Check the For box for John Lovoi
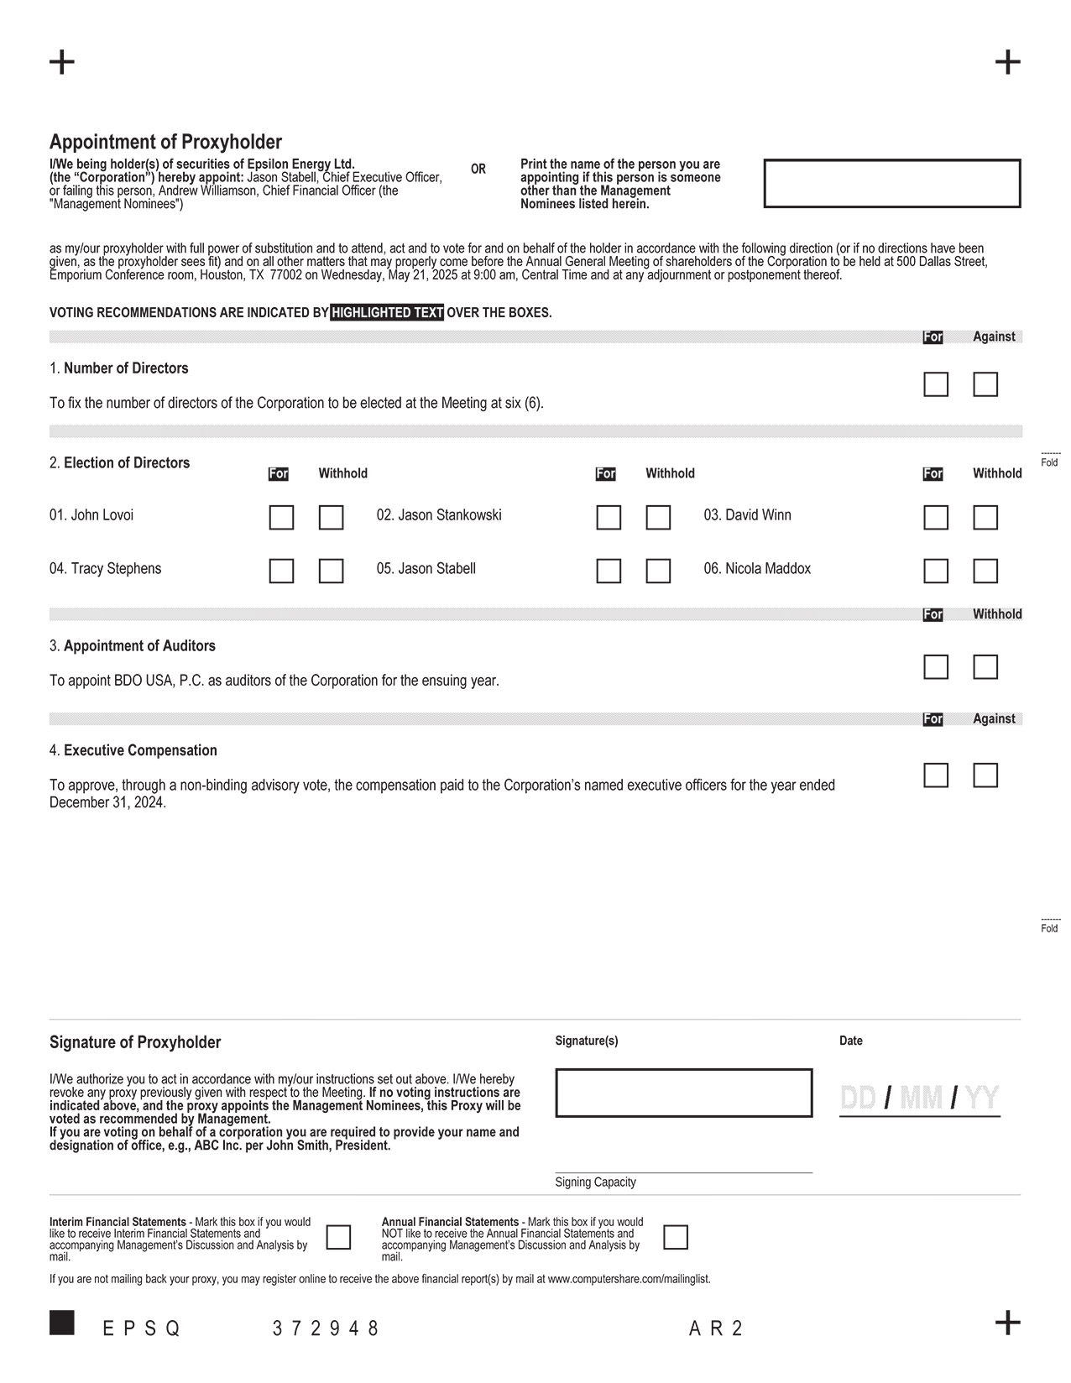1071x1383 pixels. pyautogui.click(x=281, y=517)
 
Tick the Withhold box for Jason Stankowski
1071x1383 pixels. pyautogui.click(x=658, y=517)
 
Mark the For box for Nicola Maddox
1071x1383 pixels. pyautogui.click(x=936, y=571)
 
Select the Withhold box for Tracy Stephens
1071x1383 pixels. pyautogui.click(x=331, y=571)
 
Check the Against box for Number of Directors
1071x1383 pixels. pyautogui.click(x=985, y=384)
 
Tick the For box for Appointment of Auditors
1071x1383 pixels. pyautogui.click(x=936, y=667)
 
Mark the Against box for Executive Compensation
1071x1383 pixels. pyautogui.click(x=985, y=775)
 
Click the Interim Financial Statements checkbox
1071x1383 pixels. pyautogui.click(x=338, y=1237)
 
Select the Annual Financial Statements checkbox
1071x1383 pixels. pyautogui.click(x=676, y=1237)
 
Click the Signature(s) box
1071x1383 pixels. pyautogui.click(x=683, y=1093)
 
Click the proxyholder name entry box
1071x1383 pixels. pyautogui.click(x=891, y=183)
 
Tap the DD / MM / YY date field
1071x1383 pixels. pyautogui.click(x=919, y=1098)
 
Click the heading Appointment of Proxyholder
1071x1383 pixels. pyautogui.click(x=165, y=142)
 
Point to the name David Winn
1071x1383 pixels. pyautogui.click(x=747, y=515)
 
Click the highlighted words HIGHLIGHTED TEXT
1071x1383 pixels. pyautogui.click(x=387, y=313)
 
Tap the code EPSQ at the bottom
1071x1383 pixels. pyautogui.click(x=141, y=1328)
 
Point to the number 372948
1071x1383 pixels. pyautogui.click(x=326, y=1328)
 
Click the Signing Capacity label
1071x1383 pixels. pyautogui.click(x=595, y=1182)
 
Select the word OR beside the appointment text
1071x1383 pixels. pyautogui.click(x=478, y=170)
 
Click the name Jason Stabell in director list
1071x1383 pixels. pyautogui.click(x=426, y=569)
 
